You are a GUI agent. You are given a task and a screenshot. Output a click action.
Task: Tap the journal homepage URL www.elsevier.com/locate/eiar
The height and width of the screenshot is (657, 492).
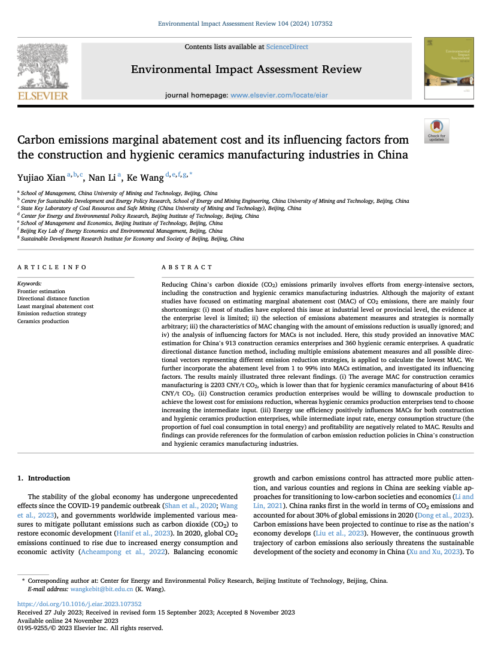tap(279, 95)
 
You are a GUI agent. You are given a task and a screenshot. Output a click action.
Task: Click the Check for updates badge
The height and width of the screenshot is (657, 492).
tap(436, 130)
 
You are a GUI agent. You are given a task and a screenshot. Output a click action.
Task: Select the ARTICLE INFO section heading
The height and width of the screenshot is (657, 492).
tap(51, 267)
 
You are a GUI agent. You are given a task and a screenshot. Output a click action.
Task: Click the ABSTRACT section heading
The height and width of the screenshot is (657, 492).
tap(187, 267)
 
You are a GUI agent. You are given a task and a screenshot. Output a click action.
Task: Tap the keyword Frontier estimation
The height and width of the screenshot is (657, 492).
tap(41, 291)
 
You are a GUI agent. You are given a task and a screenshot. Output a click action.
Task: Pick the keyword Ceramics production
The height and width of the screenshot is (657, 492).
tap(43, 321)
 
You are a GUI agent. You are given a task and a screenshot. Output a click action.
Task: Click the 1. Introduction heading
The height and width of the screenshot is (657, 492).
tap(43, 478)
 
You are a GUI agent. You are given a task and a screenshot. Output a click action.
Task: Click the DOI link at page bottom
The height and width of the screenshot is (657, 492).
tap(79, 604)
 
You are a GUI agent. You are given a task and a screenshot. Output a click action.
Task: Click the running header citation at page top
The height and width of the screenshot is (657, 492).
tap(245, 24)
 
